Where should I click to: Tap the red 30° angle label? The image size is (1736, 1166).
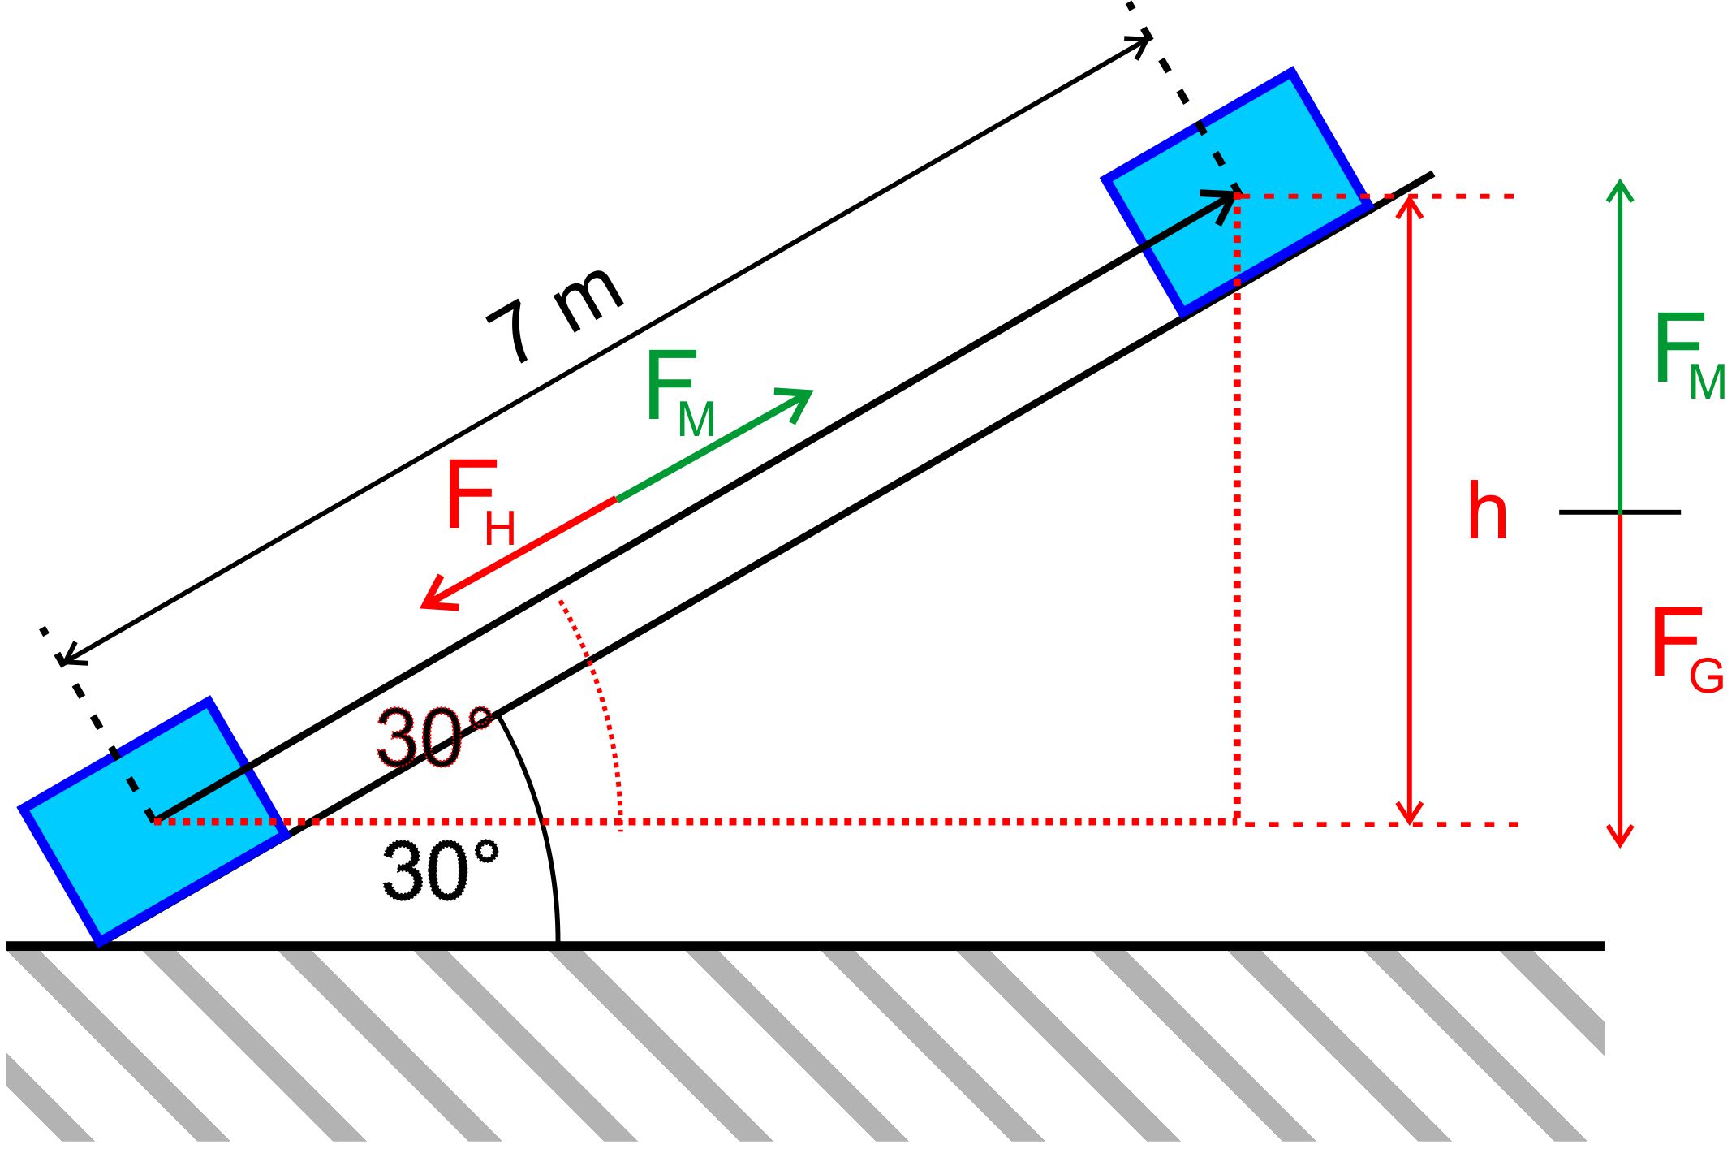[435, 737]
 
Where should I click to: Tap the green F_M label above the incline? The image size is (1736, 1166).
[680, 394]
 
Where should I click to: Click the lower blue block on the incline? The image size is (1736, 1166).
[154, 821]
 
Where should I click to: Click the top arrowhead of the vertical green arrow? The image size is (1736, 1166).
[1620, 188]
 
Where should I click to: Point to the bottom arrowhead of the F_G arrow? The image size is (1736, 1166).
[1620, 837]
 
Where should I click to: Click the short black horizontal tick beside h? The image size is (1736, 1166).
[1620, 512]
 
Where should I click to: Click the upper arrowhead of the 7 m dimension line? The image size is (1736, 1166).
[1140, 41]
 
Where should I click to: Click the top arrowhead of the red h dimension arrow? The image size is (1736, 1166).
[1411, 205]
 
